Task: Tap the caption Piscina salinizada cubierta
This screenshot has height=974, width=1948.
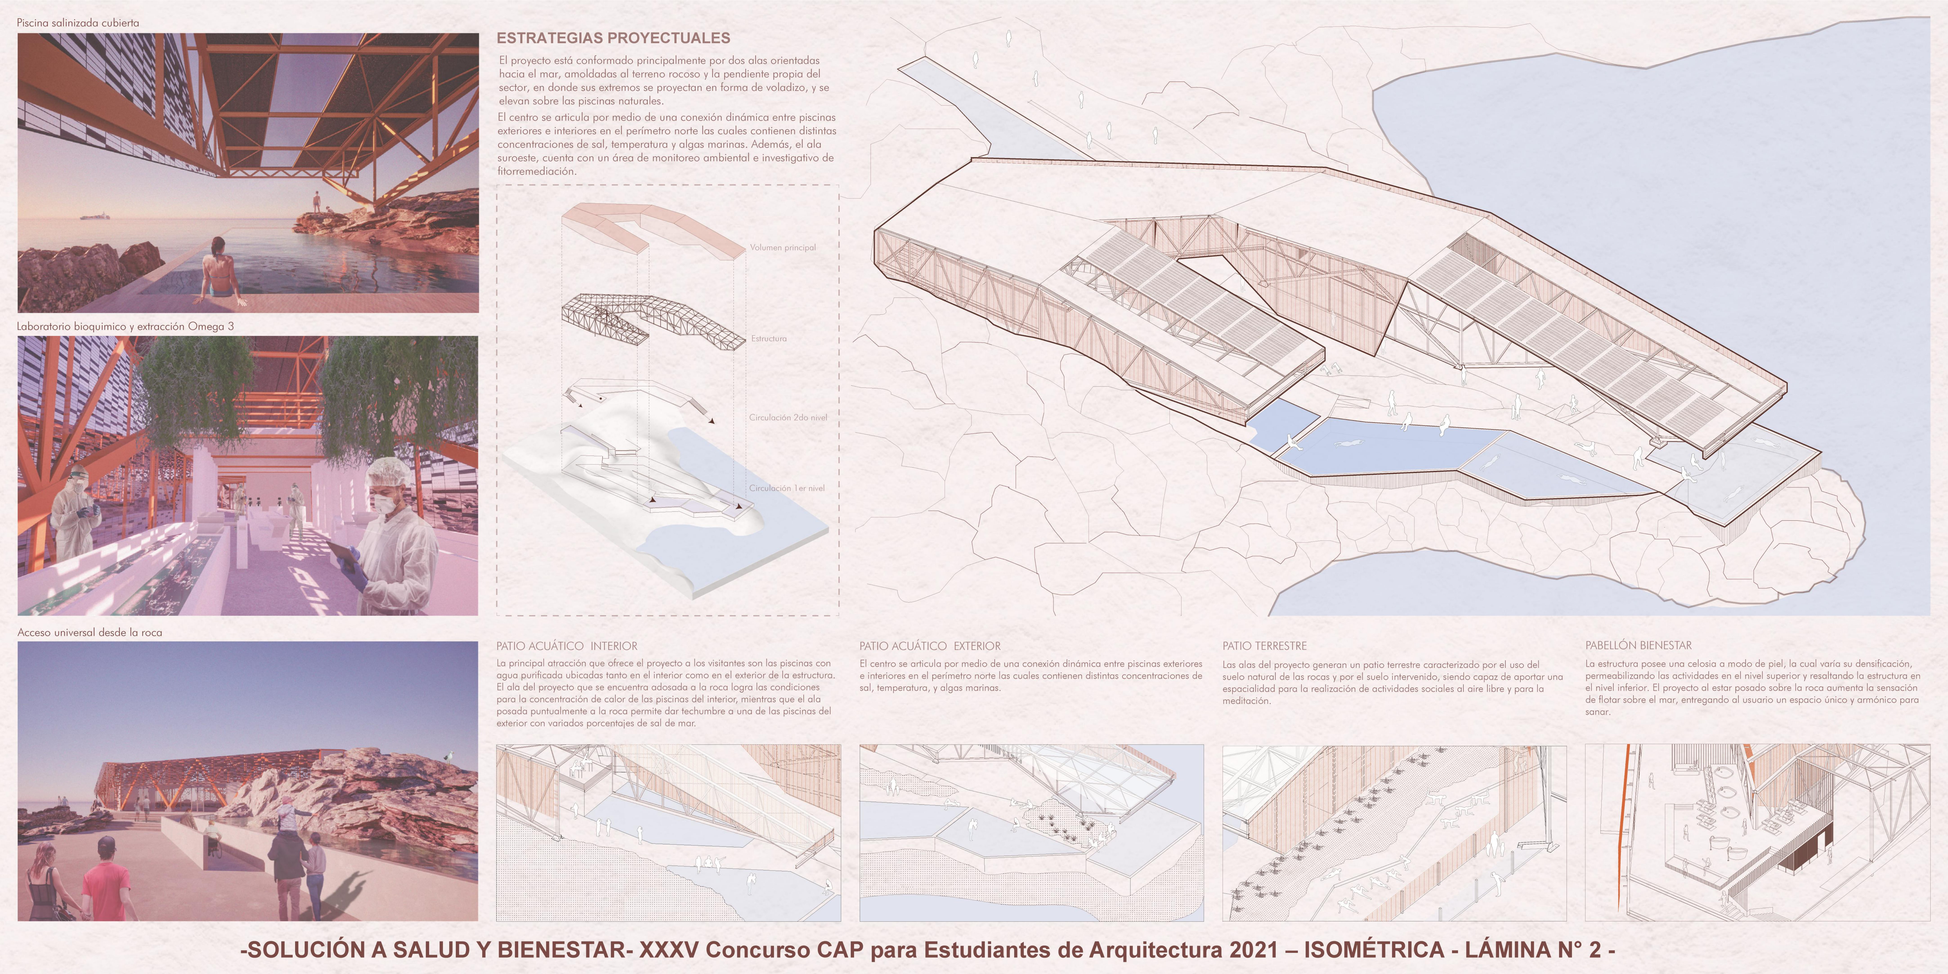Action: (x=78, y=23)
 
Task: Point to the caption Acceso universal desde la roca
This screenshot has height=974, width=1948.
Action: (x=89, y=632)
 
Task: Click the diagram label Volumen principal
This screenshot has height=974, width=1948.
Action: (x=783, y=247)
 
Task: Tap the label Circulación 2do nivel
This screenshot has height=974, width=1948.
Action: (x=788, y=417)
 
